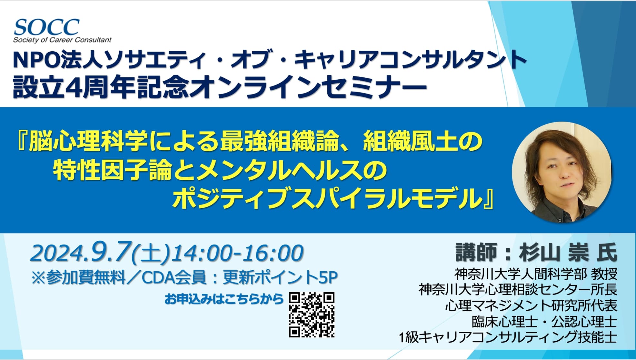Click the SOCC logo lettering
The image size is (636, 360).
click(46, 27)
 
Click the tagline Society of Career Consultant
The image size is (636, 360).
click(62, 40)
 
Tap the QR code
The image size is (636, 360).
click(312, 315)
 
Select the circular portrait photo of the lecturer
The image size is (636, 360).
click(562, 172)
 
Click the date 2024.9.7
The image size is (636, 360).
click(81, 252)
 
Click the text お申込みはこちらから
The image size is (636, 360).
click(224, 299)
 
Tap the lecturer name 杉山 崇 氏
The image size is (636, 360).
click(568, 252)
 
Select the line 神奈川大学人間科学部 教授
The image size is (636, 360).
click(536, 274)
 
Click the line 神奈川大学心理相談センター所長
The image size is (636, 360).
click(518, 290)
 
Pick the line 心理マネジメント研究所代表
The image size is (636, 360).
click(531, 305)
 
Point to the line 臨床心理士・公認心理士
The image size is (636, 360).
click(544, 321)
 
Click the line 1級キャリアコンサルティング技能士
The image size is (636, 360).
click(508, 337)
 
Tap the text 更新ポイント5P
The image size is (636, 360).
click(280, 277)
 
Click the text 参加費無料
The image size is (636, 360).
click(85, 277)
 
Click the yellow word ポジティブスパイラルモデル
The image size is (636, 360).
click(327, 198)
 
